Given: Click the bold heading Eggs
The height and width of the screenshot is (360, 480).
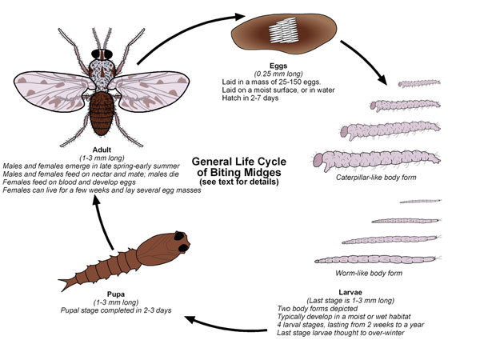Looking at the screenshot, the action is coord(278,66).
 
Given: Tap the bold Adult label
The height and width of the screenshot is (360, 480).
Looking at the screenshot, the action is coord(102,150).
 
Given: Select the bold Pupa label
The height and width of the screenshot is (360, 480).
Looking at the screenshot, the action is coord(116,294).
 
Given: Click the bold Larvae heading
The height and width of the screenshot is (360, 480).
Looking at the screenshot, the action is coord(350,292).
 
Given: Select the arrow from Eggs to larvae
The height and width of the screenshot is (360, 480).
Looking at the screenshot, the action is coord(363,62).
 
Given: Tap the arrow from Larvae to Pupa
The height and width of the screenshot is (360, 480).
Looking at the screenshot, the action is coord(225,326).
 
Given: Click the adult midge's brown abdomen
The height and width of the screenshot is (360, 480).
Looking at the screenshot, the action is coord(102,114).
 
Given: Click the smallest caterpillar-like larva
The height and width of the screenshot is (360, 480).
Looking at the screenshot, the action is coord(419,83).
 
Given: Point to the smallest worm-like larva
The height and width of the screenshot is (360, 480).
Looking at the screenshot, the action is coord(420,201).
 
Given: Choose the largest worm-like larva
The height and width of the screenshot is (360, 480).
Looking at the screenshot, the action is coord(378,260).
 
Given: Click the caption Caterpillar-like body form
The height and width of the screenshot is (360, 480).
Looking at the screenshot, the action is coord(376,178).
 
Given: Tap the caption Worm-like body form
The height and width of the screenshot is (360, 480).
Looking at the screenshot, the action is coord(369,273).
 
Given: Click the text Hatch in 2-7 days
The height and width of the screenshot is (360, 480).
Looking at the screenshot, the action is coord(250,98).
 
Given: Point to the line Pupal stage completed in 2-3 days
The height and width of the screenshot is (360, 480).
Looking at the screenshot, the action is coord(116,310).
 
